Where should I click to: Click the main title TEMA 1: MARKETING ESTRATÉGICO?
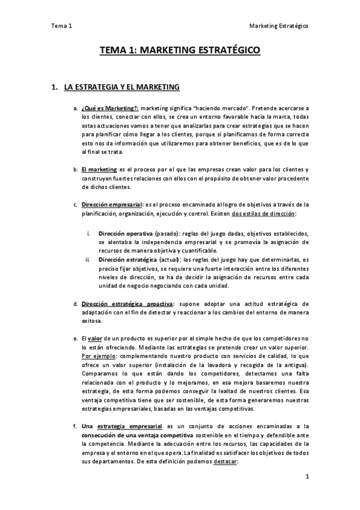[180, 52]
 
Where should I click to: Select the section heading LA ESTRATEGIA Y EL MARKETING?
[117, 88]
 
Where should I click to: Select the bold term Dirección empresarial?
[112, 204]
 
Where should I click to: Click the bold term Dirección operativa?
[126, 233]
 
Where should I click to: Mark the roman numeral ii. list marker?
[88, 260]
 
